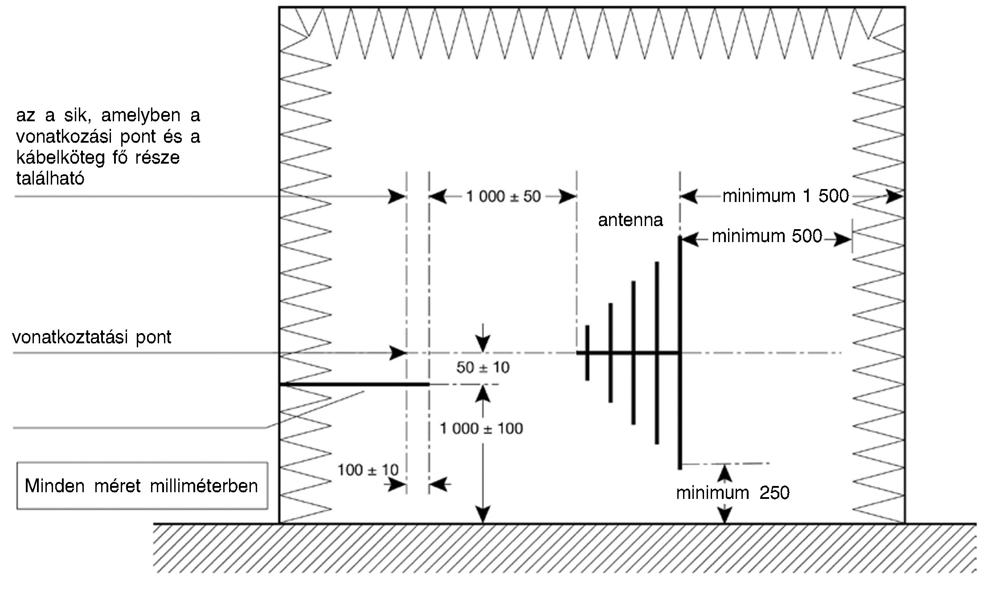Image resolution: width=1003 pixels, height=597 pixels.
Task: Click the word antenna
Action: point(630,220)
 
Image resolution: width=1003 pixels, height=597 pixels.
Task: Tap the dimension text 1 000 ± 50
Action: point(503,197)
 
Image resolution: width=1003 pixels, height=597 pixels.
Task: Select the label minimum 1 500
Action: point(786,196)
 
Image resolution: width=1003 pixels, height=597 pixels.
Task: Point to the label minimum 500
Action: point(766,236)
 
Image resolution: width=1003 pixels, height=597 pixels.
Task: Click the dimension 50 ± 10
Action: point(483,368)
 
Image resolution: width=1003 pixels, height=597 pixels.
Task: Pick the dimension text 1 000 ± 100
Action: point(481,429)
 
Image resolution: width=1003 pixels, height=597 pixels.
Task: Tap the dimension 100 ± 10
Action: point(368,470)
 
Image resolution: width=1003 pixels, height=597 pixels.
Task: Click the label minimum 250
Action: point(733,493)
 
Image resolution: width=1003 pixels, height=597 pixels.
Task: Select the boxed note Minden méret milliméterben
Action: point(142,486)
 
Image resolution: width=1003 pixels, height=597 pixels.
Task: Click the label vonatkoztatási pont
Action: point(92,338)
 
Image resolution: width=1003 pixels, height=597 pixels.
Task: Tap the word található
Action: point(50,179)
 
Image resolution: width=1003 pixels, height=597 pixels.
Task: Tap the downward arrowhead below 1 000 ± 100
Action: point(483,514)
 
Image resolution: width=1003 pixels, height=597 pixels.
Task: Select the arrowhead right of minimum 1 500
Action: point(894,196)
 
